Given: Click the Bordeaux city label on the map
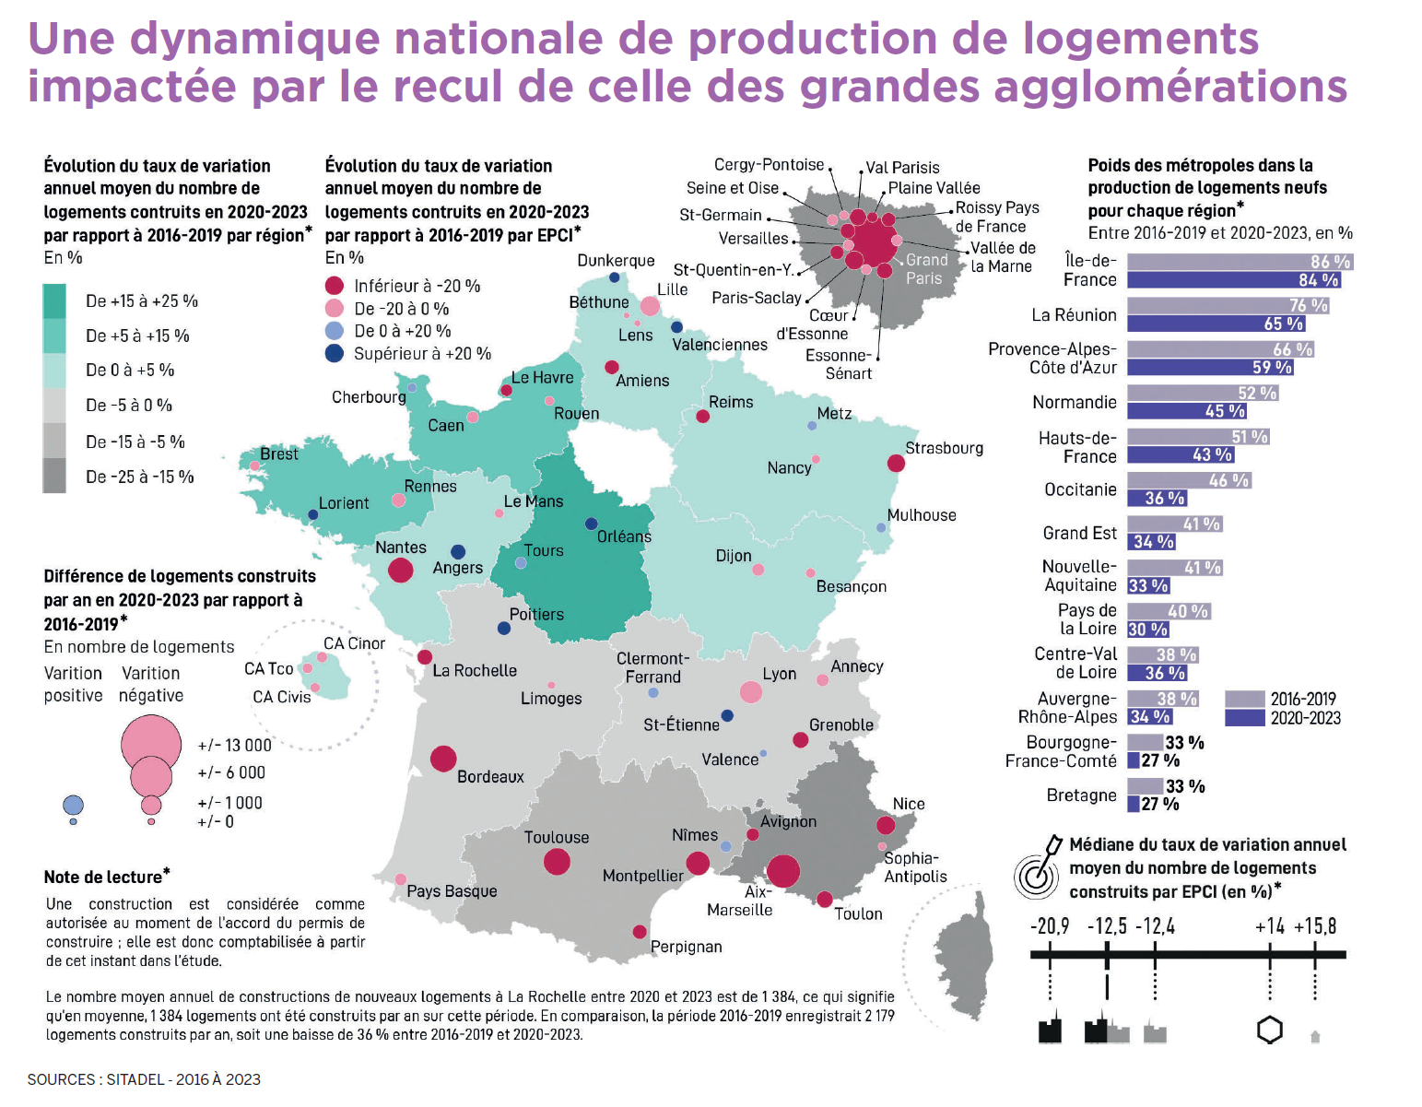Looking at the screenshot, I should pos(490,777).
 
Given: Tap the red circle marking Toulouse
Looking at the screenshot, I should pos(557,862).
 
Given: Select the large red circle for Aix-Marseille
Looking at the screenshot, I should pos(782,871).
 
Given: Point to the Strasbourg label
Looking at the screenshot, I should pos(944,448).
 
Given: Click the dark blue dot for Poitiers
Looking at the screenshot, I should pos(504,629).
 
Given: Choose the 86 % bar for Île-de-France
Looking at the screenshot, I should pos(1239,262).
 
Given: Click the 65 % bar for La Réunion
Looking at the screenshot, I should pos(1216,324).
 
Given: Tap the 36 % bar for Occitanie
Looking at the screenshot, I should pos(1157,499).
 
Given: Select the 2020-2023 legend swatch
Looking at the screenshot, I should pos(1244,718).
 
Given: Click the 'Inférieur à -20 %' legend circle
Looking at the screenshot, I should pos(335,286).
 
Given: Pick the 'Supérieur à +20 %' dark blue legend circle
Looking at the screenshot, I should pos(335,353).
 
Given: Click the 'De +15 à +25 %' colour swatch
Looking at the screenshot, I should pos(54,301).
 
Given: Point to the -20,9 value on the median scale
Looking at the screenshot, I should pos(1050,926).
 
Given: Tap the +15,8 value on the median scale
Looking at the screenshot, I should pos(1315,926).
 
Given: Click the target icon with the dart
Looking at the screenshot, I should pos(1038,870).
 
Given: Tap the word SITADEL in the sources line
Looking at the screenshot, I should pos(135,1079).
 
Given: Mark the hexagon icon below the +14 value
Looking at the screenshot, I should pos(1270,1030).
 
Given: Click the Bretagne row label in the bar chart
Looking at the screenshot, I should pos(1081,795).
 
